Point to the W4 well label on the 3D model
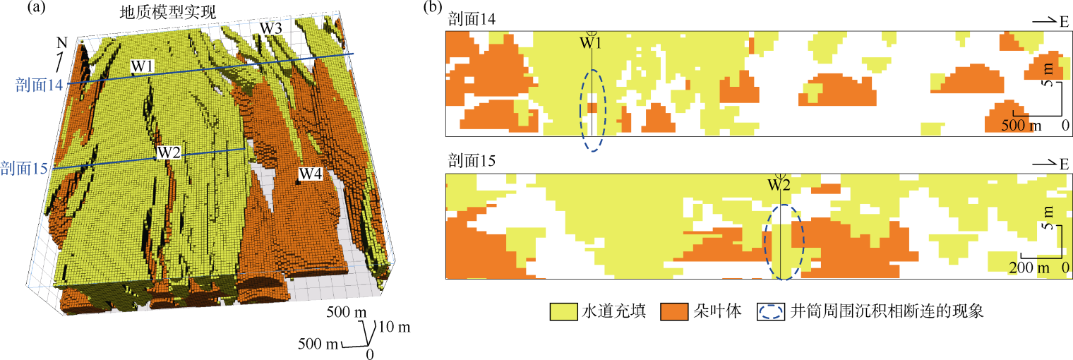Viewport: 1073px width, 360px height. [311, 174]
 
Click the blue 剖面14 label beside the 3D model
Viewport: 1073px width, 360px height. [39, 85]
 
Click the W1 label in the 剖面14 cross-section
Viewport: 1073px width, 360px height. [591, 43]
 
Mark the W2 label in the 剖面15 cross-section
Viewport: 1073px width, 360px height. [779, 186]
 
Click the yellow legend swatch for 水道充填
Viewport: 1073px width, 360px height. [562, 311]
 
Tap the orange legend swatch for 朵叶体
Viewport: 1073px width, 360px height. [673, 311]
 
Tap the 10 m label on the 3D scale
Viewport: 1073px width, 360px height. [395, 328]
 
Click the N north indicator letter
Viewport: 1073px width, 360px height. [61, 43]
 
